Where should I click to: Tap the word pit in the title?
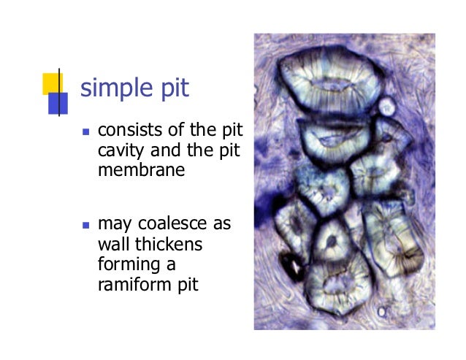[x=173, y=88]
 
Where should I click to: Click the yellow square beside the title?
[x=51, y=83]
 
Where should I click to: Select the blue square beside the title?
[x=58, y=104]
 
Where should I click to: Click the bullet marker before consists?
[x=85, y=134]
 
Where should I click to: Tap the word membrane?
[x=132, y=170]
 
